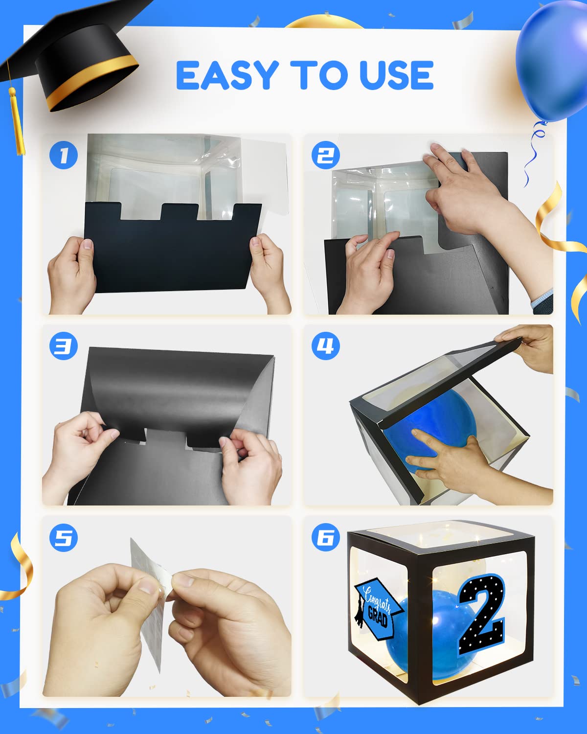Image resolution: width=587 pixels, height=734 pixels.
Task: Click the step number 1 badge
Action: click(64, 155)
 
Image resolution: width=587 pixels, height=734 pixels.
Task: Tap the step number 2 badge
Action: click(325, 155)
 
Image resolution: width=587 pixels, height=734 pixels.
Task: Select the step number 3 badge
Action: click(64, 346)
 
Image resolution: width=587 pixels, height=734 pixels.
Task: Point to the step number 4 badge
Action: click(325, 346)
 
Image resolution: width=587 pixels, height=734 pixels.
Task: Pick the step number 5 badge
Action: click(64, 538)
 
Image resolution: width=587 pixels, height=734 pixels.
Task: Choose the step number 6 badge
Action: click(325, 538)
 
